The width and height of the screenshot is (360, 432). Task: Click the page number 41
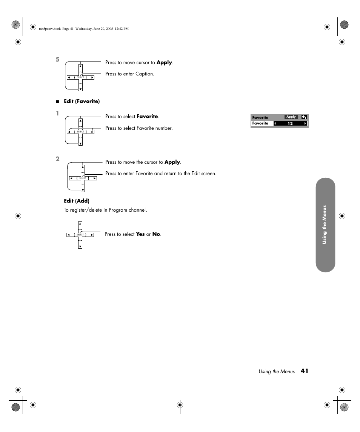point(305,371)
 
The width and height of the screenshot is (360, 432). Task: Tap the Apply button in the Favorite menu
point(291,117)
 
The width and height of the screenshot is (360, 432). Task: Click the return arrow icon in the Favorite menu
point(304,117)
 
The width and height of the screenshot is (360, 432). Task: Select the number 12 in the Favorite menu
point(290,123)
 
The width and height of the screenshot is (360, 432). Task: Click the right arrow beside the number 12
point(305,123)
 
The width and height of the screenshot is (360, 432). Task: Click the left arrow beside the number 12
point(275,123)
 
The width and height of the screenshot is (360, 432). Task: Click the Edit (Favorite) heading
point(82,101)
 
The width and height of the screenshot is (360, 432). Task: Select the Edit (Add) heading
point(77,201)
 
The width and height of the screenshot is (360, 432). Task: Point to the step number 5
point(58,59)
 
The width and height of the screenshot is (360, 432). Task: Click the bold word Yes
point(140,234)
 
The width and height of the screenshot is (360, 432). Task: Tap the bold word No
point(156,234)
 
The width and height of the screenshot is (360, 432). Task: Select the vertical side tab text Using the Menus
point(325,225)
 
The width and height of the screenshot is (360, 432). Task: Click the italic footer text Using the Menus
point(277,372)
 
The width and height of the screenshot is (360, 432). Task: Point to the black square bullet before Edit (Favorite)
point(58,101)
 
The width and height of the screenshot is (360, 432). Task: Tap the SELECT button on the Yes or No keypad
point(80,235)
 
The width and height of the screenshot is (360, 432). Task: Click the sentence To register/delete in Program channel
point(105,210)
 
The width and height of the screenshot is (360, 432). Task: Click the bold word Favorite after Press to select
point(147,117)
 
